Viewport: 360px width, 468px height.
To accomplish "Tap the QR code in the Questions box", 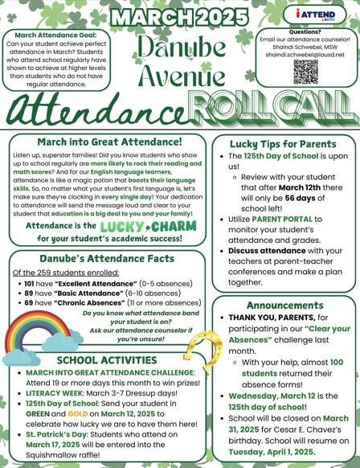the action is pos(305,72).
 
